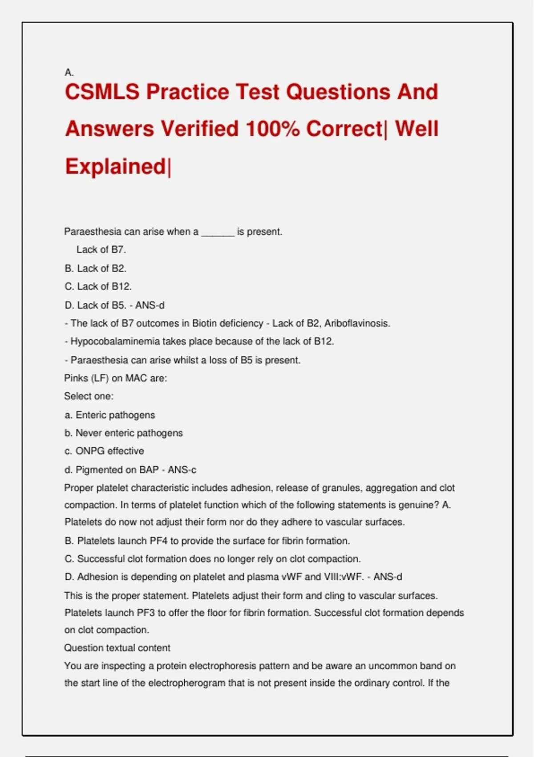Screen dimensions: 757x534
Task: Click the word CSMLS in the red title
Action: [102, 92]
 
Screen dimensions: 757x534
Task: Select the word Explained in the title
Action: [116, 167]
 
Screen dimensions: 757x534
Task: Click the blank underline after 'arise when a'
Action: [218, 232]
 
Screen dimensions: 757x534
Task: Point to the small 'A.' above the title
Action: [69, 72]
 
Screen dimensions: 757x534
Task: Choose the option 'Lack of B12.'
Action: [104, 286]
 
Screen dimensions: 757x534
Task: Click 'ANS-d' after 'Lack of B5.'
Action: [150, 305]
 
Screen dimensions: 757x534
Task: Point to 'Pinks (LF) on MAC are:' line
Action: [116, 378]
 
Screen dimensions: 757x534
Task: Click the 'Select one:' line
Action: [89, 396]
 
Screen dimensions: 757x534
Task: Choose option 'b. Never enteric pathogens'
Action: [123, 433]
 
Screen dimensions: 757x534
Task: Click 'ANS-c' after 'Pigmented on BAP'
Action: [182, 470]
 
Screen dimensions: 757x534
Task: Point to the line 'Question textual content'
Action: [117, 648]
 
